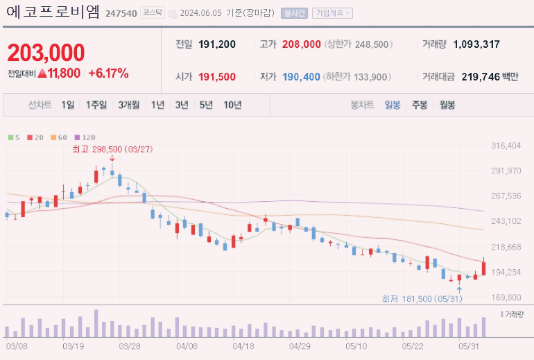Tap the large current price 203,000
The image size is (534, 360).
tap(46, 53)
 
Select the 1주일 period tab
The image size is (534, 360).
tap(96, 105)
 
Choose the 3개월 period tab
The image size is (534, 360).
tap(128, 105)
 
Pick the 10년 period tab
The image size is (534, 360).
tap(232, 105)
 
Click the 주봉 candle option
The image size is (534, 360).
tap(420, 105)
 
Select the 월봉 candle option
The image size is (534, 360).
tap(447, 105)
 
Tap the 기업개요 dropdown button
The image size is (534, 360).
tap(332, 13)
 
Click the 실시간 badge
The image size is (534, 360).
tap(295, 13)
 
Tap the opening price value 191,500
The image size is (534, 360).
tap(217, 77)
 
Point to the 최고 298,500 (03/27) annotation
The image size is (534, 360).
tap(112, 148)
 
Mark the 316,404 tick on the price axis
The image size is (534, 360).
tap(506, 146)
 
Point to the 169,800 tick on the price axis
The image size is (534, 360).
tap(506, 298)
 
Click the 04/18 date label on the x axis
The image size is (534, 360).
tap(243, 345)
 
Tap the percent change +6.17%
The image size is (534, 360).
tap(108, 73)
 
